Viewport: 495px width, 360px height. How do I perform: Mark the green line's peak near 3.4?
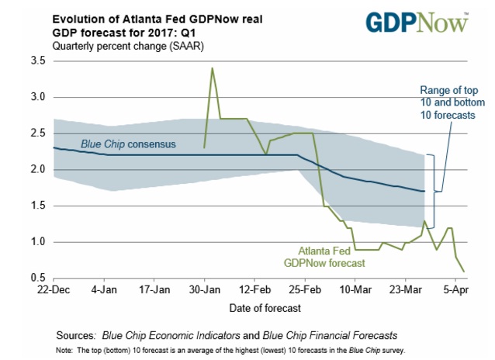click(x=212, y=68)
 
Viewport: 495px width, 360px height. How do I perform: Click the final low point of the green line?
click(x=465, y=272)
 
